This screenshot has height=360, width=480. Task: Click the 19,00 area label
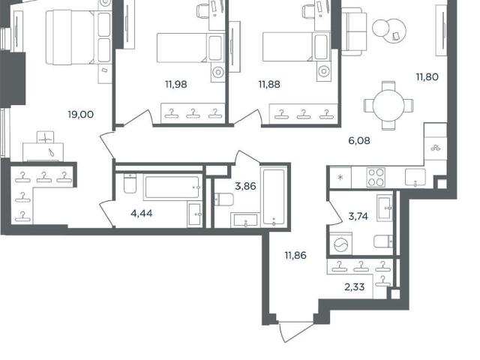(x=81, y=115)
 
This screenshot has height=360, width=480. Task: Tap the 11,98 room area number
(x=176, y=85)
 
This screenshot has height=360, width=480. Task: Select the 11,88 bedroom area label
(x=269, y=85)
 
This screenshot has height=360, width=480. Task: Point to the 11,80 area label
(x=427, y=76)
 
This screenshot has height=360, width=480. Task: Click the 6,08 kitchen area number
(x=359, y=141)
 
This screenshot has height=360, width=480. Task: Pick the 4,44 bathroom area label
(x=142, y=213)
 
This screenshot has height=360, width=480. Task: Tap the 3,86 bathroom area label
(x=245, y=186)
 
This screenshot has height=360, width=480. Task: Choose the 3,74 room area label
(x=358, y=217)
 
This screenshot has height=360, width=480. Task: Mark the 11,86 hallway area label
(x=295, y=255)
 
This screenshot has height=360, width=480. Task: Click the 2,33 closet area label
(x=355, y=287)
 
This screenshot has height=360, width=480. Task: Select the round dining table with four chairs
(x=388, y=106)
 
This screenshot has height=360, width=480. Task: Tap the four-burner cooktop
(x=376, y=177)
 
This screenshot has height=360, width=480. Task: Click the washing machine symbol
(x=341, y=244)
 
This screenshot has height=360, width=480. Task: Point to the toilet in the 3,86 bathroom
(x=224, y=199)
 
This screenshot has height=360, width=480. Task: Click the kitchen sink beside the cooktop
(x=415, y=177)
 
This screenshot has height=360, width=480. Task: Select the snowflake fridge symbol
(x=340, y=178)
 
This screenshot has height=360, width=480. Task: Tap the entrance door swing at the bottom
(x=295, y=331)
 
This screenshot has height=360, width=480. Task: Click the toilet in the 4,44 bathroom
(x=130, y=183)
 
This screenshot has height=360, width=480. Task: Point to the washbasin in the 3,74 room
(x=385, y=208)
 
